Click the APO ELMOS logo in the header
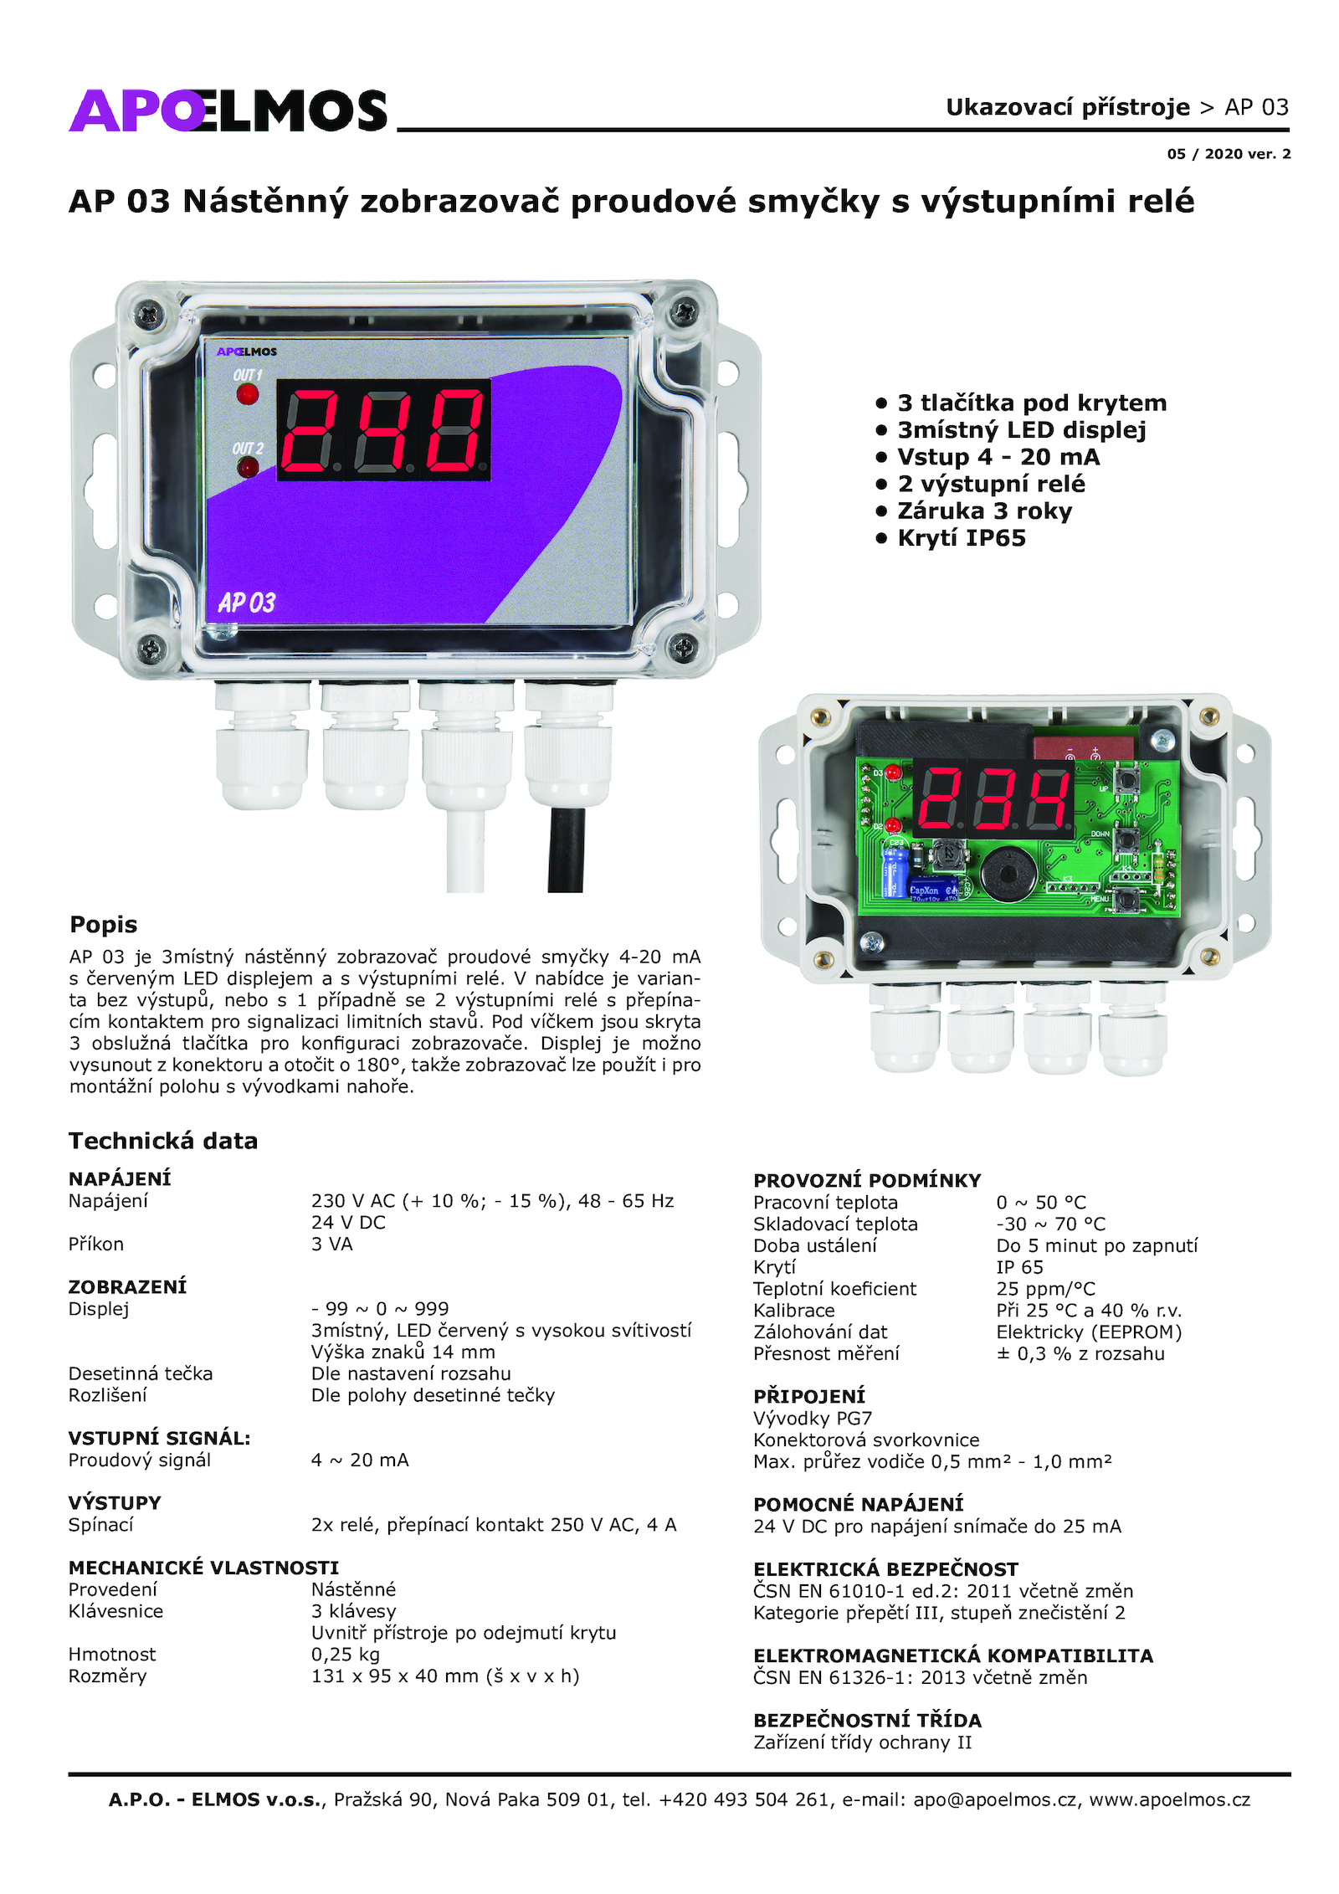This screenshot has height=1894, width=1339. [x=228, y=110]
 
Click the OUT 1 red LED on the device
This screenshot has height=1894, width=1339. [x=248, y=394]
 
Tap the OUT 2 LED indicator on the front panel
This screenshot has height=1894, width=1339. [x=248, y=467]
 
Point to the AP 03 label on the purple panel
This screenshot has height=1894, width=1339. [x=246, y=603]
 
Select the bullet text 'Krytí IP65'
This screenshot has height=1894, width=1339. [x=962, y=538]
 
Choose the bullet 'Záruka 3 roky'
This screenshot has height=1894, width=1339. [x=984, y=511]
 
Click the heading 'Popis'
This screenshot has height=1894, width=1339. [x=103, y=925]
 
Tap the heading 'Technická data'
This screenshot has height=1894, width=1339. [x=163, y=1141]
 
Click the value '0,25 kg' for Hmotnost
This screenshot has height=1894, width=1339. [x=346, y=1655]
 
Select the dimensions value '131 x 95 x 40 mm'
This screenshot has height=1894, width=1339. [x=395, y=1676]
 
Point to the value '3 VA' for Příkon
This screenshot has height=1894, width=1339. [x=332, y=1245]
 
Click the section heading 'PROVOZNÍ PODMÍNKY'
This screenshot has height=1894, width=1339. [x=867, y=1181]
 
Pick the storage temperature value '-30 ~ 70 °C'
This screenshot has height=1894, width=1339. [x=1051, y=1224]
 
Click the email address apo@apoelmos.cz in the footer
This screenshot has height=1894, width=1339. [x=995, y=1799]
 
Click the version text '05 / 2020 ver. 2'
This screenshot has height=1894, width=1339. [x=1229, y=154]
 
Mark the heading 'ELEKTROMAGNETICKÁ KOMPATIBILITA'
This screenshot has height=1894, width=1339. [x=953, y=1655]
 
